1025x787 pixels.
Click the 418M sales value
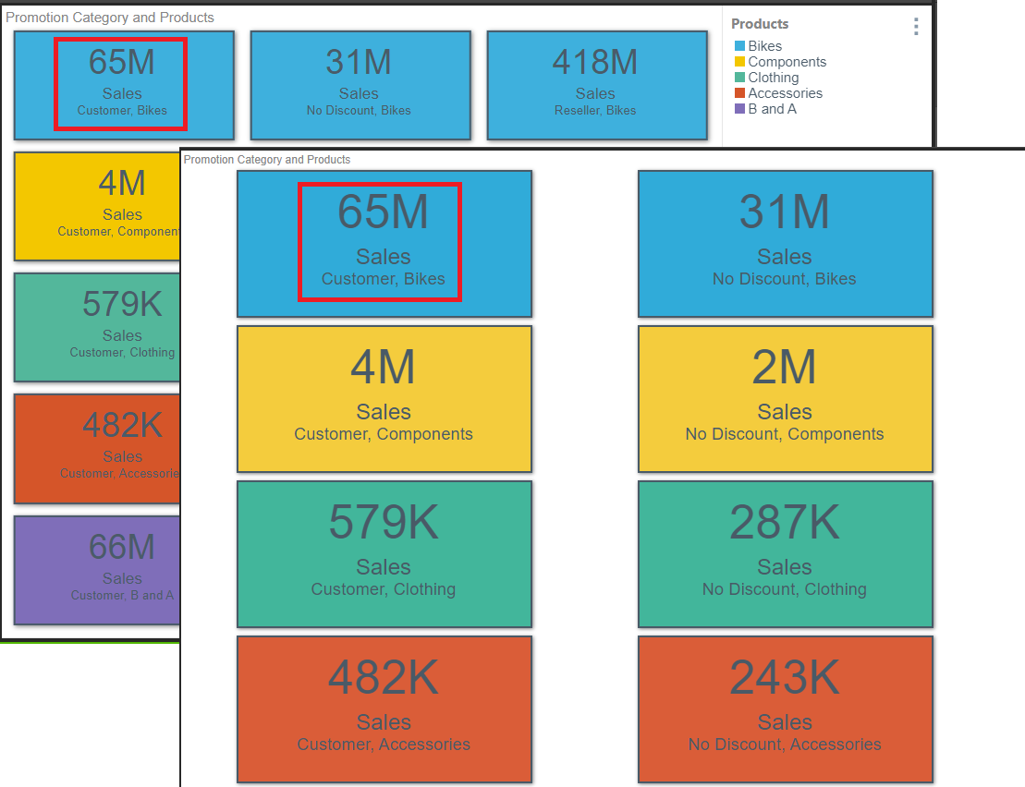tap(594, 62)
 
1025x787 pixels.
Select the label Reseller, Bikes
tap(594, 110)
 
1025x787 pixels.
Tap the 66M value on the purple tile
tap(122, 547)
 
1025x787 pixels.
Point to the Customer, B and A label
tap(122, 595)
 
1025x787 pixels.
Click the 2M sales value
tap(784, 368)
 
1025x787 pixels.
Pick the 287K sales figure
tap(784, 523)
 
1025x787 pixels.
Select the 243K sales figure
tap(784, 678)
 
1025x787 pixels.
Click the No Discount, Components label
tap(784, 434)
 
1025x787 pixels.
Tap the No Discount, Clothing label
tap(784, 589)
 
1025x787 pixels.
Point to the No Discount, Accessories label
tap(784, 745)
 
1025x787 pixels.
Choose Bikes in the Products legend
tap(764, 46)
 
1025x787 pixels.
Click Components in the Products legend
tap(787, 62)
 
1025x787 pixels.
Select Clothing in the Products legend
tap(773, 78)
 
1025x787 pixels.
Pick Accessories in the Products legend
tap(785, 93)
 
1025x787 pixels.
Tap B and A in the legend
tap(772, 109)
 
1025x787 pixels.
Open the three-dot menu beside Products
tap(916, 27)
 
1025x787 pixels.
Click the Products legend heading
tap(760, 24)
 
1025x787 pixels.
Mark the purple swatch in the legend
tap(739, 109)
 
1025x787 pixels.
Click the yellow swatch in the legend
tap(739, 62)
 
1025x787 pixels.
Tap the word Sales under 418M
tap(594, 93)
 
